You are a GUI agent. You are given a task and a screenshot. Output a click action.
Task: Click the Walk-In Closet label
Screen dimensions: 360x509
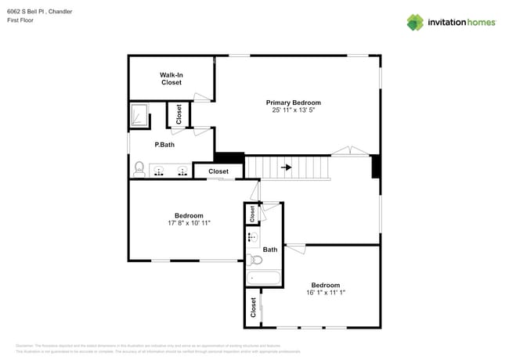(171, 78)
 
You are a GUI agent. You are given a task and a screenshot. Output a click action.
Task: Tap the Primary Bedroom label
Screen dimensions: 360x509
(293, 103)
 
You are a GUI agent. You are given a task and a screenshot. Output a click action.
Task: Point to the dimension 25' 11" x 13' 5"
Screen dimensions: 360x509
(293, 110)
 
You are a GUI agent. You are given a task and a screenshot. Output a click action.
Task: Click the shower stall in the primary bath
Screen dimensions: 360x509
(139, 116)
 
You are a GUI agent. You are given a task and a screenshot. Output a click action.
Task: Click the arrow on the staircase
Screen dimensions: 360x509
(287, 167)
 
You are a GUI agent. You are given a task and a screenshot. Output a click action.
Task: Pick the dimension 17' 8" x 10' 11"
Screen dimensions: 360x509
(189, 223)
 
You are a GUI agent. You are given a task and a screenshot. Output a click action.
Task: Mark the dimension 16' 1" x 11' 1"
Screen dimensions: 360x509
(325, 293)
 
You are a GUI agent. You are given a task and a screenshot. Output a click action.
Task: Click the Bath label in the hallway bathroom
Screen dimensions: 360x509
(269, 250)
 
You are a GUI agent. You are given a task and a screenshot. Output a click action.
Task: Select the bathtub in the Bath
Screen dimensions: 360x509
(263, 277)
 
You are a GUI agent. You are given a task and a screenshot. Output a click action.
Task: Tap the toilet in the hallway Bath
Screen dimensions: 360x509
(254, 260)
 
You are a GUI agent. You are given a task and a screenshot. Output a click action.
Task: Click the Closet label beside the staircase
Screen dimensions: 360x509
(218, 171)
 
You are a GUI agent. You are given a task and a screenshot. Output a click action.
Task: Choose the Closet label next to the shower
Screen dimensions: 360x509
(179, 115)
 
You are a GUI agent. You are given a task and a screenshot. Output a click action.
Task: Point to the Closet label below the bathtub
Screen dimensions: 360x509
(253, 308)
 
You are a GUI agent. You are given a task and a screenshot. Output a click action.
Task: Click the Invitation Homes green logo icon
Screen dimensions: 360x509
(414, 22)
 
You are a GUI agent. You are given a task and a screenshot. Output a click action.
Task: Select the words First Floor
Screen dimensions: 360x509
(20, 21)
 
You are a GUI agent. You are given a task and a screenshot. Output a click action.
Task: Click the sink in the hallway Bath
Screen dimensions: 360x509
(252, 236)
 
